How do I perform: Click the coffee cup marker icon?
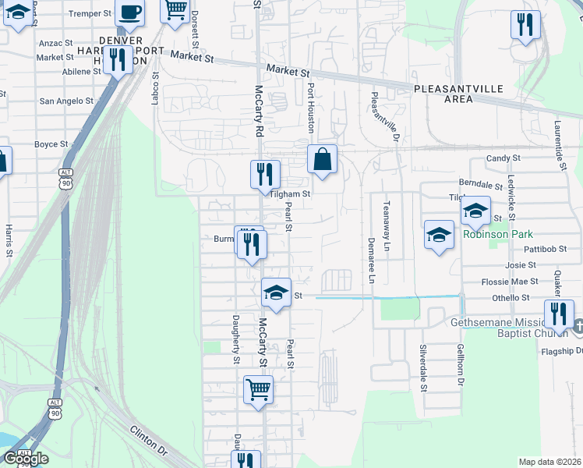pos(129,13)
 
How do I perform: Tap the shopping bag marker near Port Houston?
pos(322,160)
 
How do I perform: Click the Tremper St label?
pos(91,14)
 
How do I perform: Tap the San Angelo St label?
pos(66,101)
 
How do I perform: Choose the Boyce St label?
pos(52,144)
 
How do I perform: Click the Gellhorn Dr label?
pos(461,367)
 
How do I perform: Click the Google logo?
pos(25,458)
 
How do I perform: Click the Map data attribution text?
pos(550,462)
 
